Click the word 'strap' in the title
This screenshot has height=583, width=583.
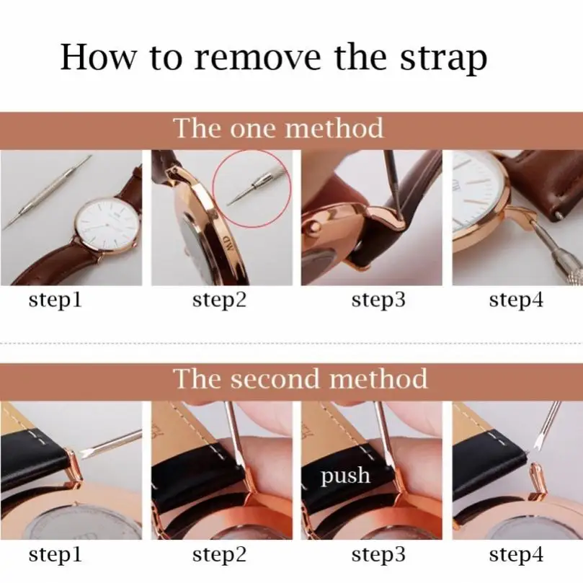coord(442,58)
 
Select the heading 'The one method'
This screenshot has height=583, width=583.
coord(279,128)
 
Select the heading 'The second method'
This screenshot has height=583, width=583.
coord(301,378)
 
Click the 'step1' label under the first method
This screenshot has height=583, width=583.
coord(55,300)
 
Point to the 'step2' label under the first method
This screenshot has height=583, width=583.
coord(220,300)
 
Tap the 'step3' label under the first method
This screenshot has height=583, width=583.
coord(378,300)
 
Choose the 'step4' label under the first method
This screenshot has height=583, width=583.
coord(516,300)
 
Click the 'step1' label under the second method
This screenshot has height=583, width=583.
coord(55,555)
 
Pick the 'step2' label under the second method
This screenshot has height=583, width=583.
coord(220,555)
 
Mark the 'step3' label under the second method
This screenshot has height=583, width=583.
coord(378,555)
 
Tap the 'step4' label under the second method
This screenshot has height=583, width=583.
coord(516,555)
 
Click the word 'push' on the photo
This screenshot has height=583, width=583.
coord(346,476)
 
